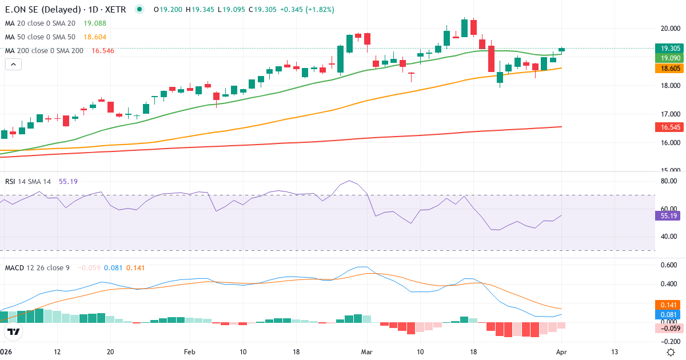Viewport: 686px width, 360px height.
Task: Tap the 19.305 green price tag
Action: coord(667,49)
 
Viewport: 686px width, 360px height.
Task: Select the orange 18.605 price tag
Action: coord(667,68)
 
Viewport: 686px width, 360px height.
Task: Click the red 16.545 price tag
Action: coord(667,127)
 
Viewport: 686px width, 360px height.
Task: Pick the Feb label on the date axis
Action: coord(190,351)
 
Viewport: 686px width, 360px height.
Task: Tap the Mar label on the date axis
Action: coord(366,351)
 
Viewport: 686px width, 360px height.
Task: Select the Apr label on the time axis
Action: coord(561,351)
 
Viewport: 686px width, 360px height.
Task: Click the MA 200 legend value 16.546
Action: coord(101,51)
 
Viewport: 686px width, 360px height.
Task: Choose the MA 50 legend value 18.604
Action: coord(94,37)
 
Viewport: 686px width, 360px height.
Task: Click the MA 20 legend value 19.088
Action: coord(94,23)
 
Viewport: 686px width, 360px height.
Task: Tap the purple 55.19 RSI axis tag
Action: coord(666,216)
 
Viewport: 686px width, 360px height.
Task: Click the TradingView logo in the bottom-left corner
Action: coord(14,331)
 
